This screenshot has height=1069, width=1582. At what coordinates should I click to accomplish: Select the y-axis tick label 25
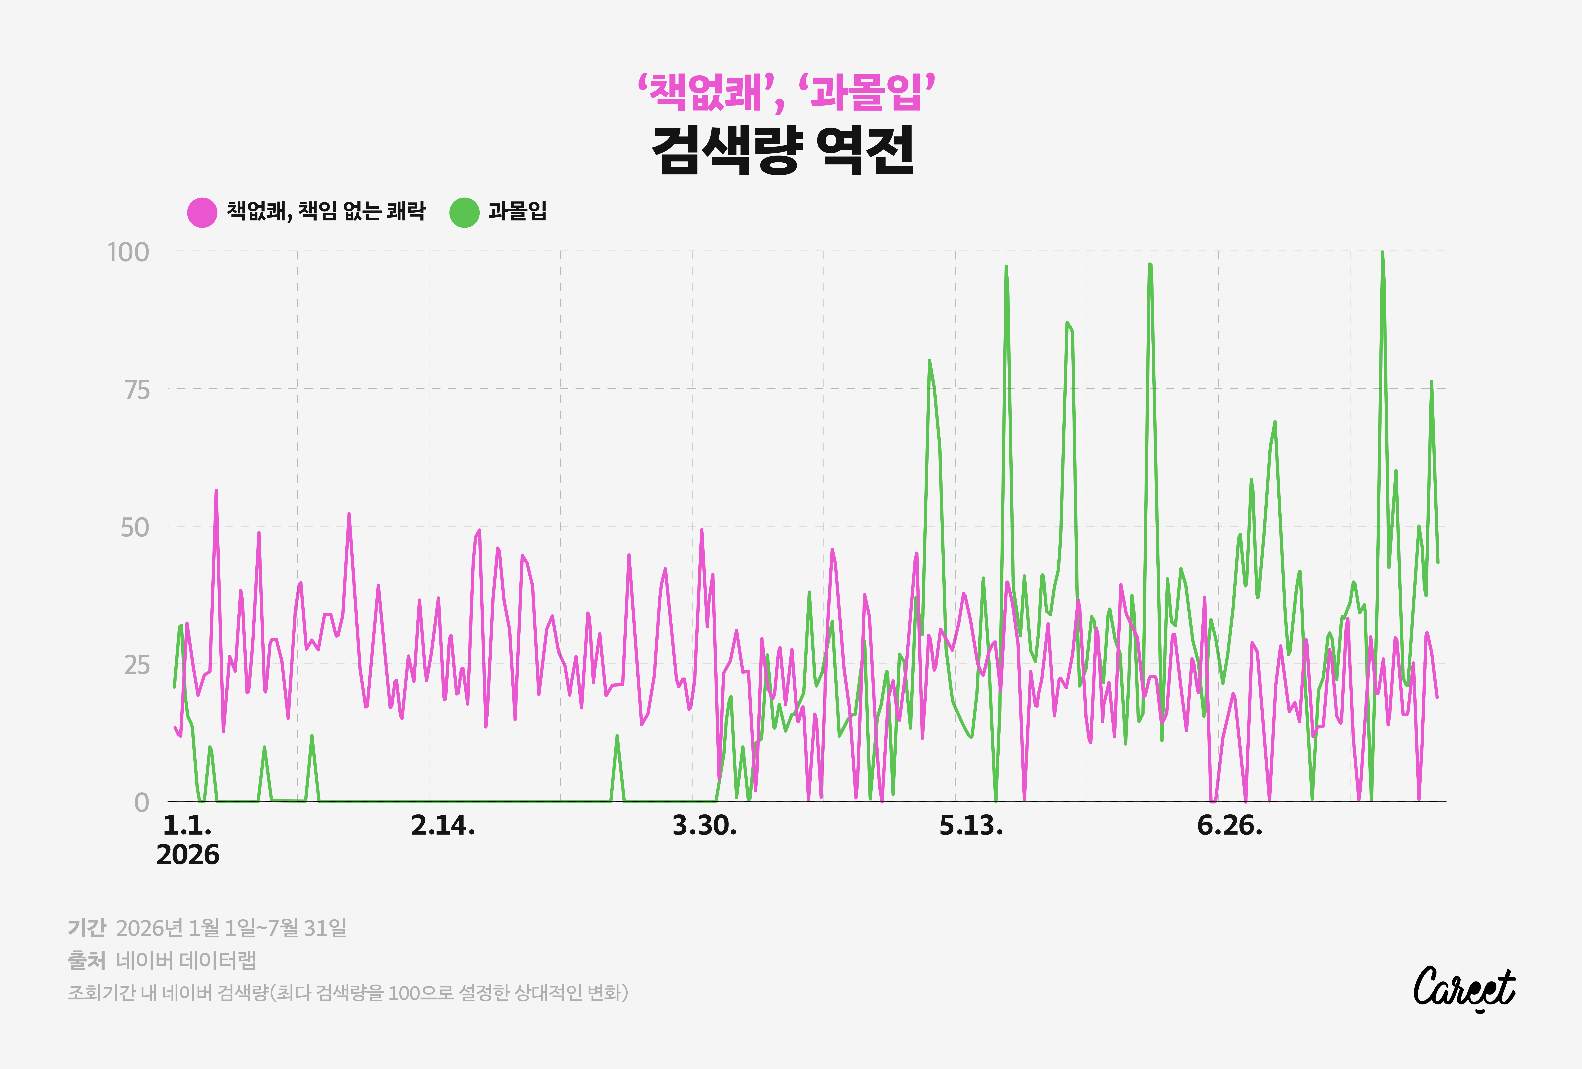[136, 665]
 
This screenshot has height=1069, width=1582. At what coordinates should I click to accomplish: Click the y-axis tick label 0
[142, 802]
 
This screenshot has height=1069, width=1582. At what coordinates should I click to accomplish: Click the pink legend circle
[202, 212]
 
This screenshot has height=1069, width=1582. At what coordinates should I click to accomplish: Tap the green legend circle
[464, 212]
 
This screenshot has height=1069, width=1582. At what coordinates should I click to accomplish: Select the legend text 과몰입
[517, 211]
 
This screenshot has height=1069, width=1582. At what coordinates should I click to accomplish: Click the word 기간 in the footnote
[87, 927]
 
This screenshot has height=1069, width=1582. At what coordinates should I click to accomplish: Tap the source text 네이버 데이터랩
[186, 960]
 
